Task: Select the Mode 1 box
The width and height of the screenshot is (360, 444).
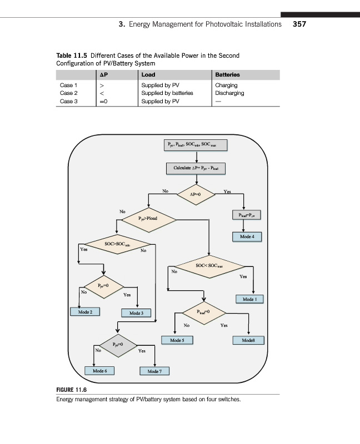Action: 252,299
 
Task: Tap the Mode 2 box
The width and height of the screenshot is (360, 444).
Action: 85,312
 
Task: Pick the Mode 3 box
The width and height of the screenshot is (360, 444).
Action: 136,313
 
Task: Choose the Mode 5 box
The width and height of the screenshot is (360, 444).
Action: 177,339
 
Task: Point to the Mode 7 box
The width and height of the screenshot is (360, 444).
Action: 154,371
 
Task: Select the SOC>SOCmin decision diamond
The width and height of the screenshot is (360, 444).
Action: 117,244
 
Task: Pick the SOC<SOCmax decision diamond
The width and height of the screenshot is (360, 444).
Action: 209,267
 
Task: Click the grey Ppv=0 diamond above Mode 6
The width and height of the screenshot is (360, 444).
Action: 117,344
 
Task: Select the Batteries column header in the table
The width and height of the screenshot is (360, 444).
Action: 227,74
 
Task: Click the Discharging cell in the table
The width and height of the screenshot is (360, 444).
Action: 229,93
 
